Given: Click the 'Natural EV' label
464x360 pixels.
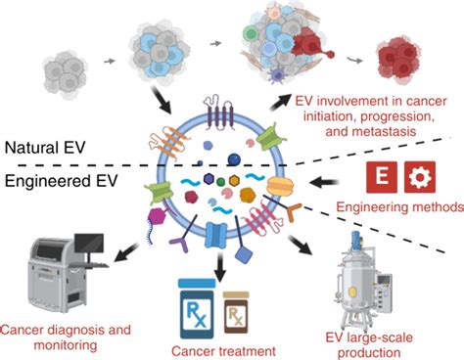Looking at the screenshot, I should pyautogui.click(x=47, y=149).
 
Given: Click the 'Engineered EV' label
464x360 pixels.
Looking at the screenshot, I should pyautogui.click(x=58, y=182).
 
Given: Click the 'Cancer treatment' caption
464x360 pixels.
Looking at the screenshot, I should pyautogui.click(x=221, y=349).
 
